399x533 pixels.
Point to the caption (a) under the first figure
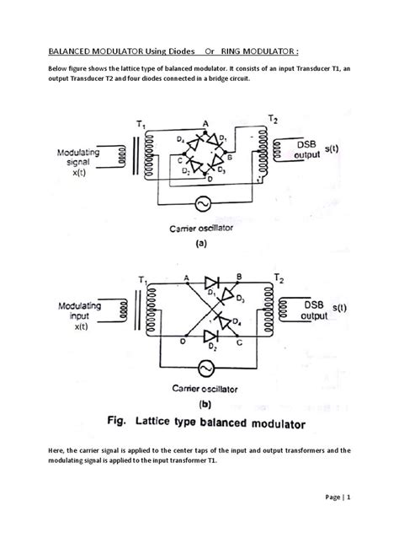click(x=202, y=240)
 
